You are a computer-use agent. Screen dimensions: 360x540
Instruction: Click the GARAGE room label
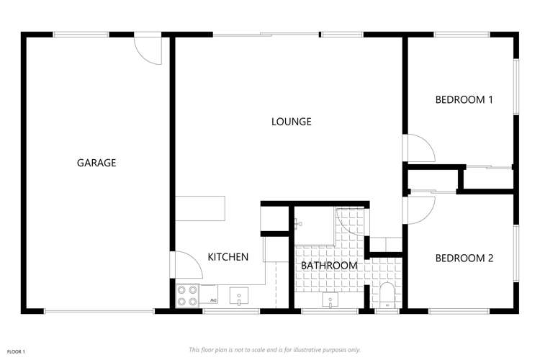coord(96,163)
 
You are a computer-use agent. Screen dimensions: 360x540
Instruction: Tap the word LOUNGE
coord(291,122)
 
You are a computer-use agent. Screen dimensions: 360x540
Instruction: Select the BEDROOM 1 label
coord(464,100)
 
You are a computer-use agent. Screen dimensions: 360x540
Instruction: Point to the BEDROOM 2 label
coord(464,258)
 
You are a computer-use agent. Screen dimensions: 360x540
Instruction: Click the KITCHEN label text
coord(228,257)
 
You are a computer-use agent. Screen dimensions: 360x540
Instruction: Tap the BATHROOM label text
coord(329,266)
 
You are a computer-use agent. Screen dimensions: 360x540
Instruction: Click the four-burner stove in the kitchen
coord(188,295)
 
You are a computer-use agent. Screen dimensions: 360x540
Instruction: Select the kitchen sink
coord(238,295)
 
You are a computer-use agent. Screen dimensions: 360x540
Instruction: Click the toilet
coord(386,294)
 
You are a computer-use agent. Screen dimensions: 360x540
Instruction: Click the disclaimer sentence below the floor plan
coord(274,350)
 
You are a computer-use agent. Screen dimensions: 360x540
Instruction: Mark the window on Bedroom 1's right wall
coord(516,86)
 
